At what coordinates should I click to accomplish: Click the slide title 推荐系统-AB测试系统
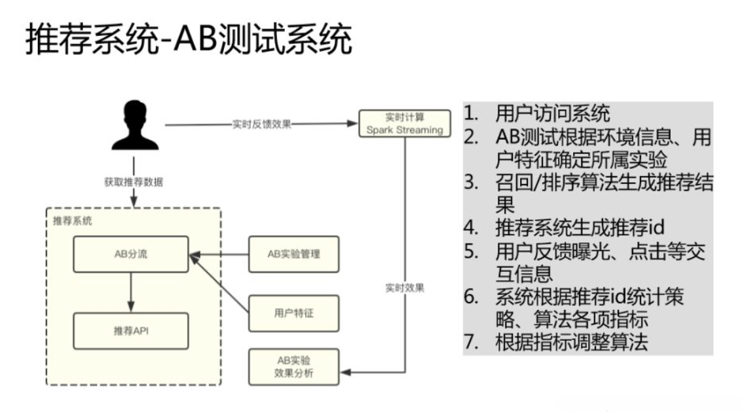(189, 41)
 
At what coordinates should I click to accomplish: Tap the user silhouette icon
(135, 126)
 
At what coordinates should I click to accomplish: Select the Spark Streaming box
(405, 123)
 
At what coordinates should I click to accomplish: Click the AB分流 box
(130, 254)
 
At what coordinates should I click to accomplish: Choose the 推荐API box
(130, 331)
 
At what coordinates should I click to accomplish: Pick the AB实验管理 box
(294, 254)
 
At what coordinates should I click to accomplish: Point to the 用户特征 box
(294, 313)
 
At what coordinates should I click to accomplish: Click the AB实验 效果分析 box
(294, 367)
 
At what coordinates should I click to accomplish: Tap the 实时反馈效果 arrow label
(262, 124)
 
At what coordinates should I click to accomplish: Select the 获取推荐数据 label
(134, 182)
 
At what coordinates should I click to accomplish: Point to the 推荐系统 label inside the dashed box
(73, 221)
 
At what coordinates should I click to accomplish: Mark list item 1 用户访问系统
(553, 114)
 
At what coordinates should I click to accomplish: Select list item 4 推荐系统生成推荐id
(580, 227)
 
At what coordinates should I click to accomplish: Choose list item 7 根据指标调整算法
(571, 342)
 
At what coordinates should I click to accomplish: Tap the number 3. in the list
(472, 182)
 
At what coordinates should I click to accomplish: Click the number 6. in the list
(472, 296)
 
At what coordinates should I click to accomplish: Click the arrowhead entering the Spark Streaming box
(354, 123)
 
